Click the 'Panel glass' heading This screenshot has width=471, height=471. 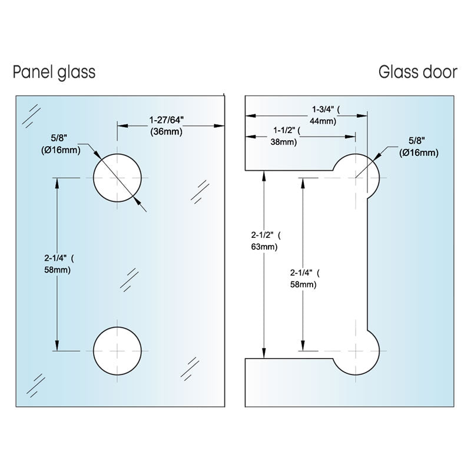[54, 72]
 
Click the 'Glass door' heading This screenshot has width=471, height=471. [417, 72]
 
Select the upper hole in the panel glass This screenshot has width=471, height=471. [117, 177]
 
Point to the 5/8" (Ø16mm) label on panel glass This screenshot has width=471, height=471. [61, 145]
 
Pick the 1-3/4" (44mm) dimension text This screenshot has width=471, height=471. [326, 115]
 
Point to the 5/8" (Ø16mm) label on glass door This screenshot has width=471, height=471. [419, 147]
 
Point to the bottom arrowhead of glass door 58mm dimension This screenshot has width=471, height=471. [303, 347]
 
